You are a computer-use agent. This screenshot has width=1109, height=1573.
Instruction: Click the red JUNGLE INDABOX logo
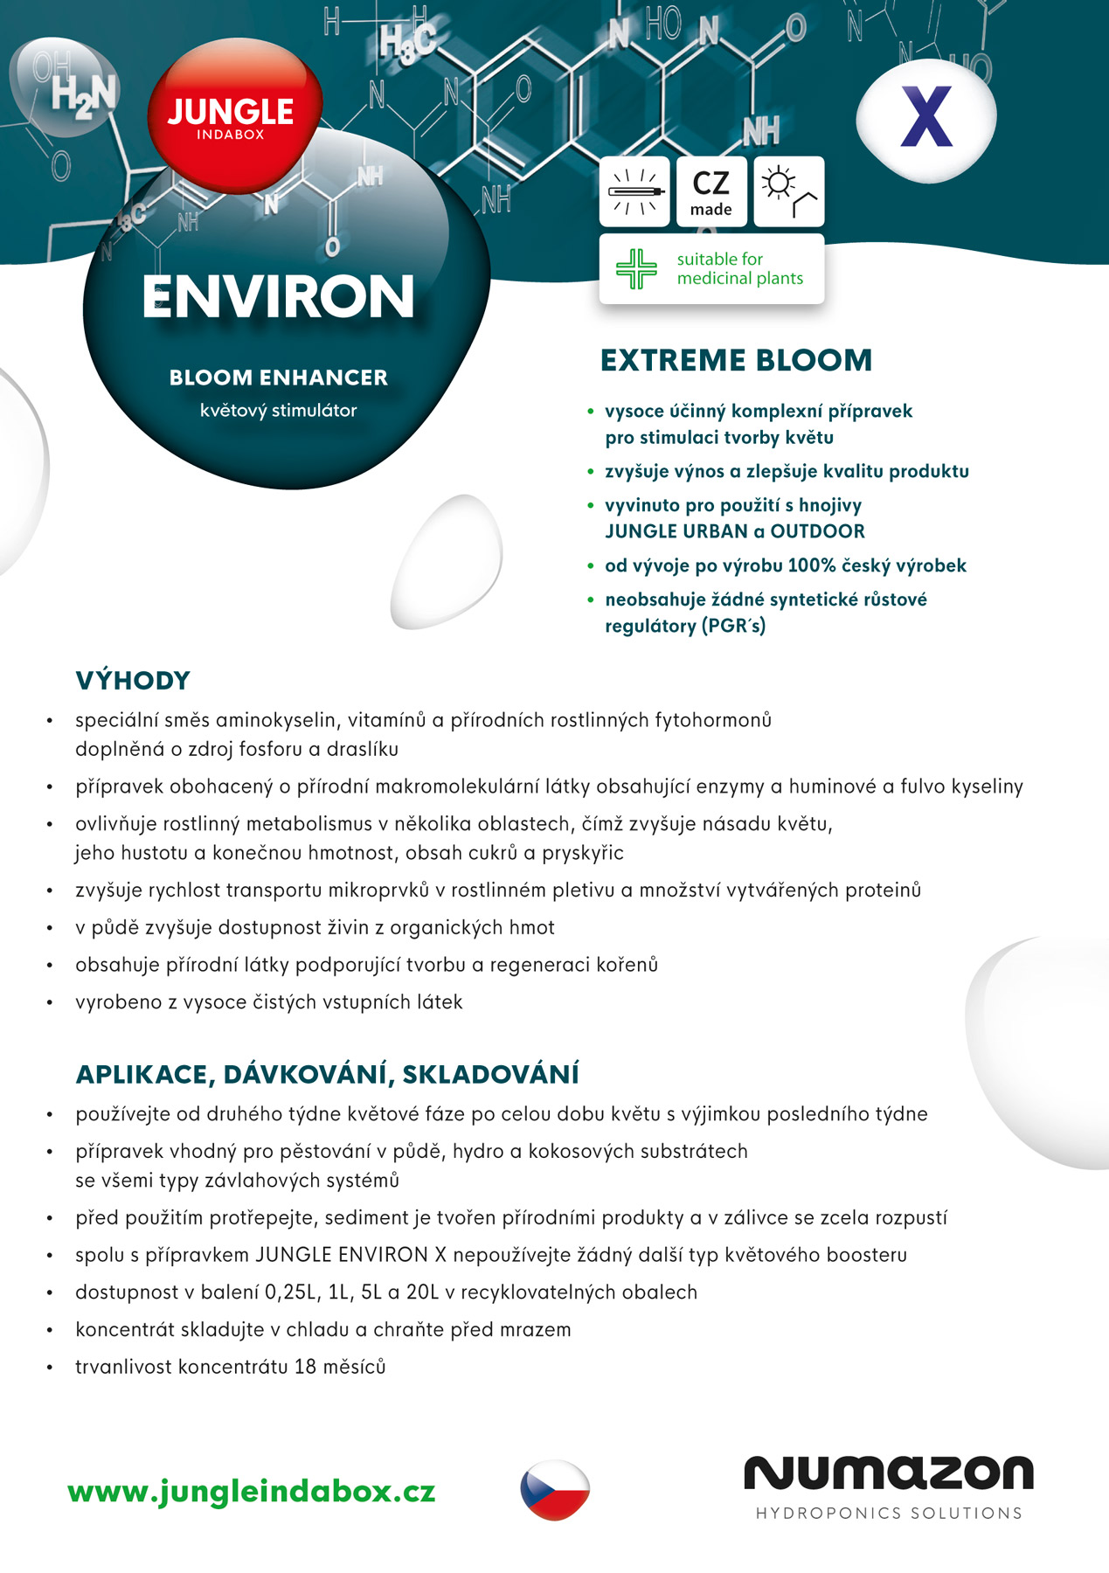point(232,116)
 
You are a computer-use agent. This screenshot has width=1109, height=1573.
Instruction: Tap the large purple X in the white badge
point(926,117)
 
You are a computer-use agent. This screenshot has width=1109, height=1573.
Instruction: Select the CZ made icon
point(711,192)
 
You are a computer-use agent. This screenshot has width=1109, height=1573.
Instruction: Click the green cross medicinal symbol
point(636,268)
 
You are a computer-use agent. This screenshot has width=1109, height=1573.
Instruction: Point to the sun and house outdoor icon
point(788,192)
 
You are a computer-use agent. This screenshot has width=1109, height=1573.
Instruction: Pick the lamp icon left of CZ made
point(635,192)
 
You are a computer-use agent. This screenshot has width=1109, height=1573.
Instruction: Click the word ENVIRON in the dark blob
point(278,297)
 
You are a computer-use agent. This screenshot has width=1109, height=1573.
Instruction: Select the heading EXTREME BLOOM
point(736,360)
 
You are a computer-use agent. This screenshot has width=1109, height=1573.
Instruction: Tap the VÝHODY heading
point(133,680)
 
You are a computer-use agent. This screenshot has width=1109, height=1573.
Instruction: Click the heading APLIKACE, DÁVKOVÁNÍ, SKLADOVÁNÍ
point(327,1074)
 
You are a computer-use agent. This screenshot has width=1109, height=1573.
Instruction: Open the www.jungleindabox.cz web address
point(252,1491)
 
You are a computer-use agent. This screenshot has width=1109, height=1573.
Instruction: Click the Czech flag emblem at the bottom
point(555,1489)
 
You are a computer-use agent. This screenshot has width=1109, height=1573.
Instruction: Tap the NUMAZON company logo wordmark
point(888,1473)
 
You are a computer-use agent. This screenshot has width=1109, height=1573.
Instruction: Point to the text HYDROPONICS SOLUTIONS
point(889,1514)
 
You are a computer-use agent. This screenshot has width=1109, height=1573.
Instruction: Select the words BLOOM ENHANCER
point(278,378)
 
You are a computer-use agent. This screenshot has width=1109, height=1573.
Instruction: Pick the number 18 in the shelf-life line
point(304,1366)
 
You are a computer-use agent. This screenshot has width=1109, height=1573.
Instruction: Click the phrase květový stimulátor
point(278,411)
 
